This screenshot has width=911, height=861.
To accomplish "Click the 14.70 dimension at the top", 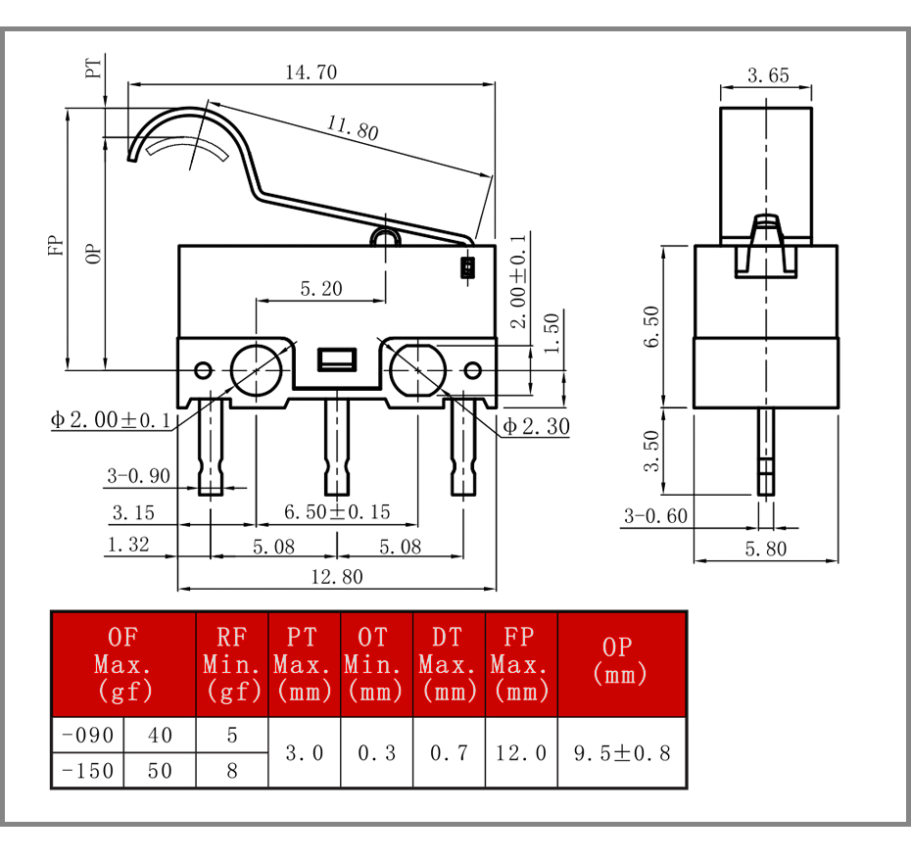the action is pos(311,72).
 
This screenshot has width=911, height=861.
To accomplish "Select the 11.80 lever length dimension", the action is pos(353,127).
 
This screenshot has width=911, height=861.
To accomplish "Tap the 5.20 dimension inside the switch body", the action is pos(321,288).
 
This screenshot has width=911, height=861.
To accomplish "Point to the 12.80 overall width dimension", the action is pos(337,576).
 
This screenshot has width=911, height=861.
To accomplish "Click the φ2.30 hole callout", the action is pos(536,426).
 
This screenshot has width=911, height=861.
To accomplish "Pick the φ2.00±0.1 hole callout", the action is pos(111,419).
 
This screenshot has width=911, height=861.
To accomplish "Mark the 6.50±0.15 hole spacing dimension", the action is pos(337,512).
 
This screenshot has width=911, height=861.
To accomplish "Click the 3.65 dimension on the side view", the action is pos(768,75).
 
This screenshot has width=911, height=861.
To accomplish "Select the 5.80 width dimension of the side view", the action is pos(766,549).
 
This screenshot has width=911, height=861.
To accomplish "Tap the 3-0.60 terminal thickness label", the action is pos(655,515).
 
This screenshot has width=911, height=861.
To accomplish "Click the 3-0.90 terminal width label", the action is pos(138,476).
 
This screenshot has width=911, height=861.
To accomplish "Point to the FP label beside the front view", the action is pos(55,245).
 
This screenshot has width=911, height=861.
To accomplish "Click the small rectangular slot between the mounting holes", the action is pos(337,359).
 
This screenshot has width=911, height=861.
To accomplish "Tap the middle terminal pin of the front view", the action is pos(337,448).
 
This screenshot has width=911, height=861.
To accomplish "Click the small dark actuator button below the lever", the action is pos(467,267).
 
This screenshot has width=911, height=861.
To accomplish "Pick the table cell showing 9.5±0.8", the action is pos(622,753).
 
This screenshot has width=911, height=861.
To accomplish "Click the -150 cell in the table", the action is pos(88,770).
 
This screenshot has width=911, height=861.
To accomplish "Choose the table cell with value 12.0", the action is pos(521,753).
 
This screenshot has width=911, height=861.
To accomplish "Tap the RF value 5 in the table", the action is pos(232,735).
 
